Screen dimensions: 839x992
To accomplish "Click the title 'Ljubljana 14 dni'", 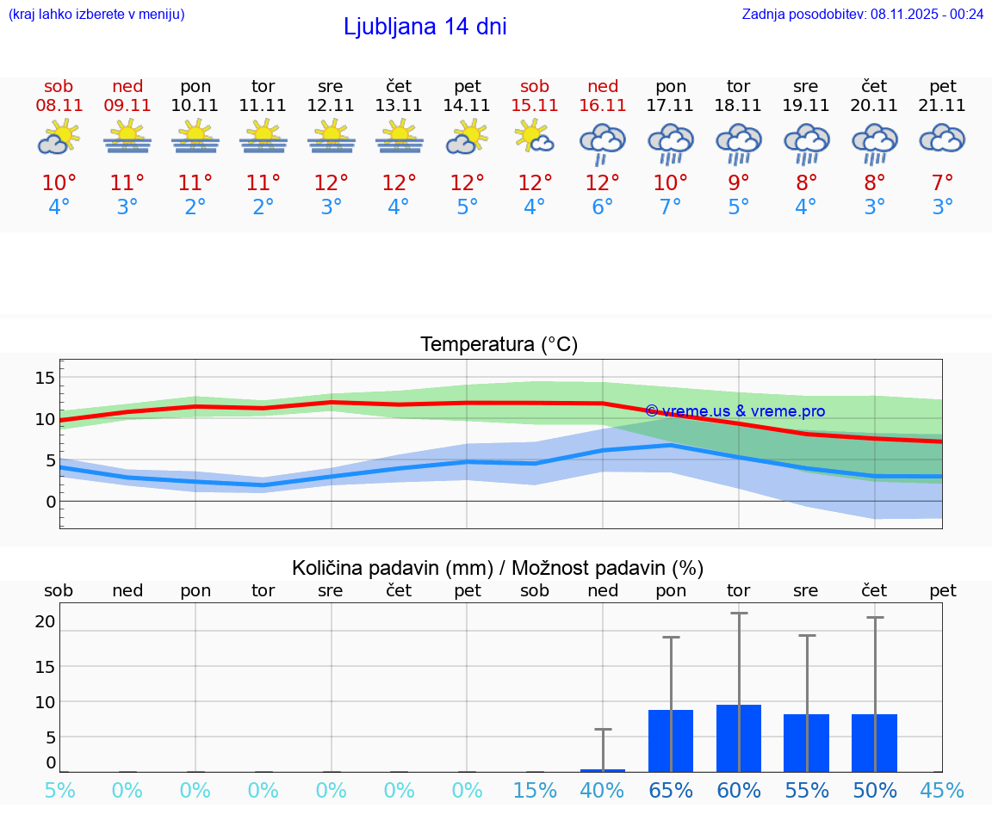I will click(425, 27).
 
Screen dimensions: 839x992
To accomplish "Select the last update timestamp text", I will click(863, 14).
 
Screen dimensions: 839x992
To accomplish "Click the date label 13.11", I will click(399, 105).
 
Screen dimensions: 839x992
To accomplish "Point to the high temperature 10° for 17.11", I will click(671, 183).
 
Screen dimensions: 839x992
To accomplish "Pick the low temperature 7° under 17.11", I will click(671, 207).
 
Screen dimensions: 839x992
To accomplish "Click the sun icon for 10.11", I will click(195, 137).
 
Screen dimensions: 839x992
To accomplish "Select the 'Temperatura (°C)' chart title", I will click(499, 345).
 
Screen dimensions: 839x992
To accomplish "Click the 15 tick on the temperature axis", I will click(45, 378).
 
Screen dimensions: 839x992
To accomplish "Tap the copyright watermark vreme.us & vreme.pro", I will click(735, 411).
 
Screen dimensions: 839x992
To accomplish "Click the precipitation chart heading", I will click(498, 568).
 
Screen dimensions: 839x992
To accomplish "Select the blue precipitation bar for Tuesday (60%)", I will click(739, 738).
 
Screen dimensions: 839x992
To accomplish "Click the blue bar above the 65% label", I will click(671, 741).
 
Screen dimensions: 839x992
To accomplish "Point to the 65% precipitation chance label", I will click(671, 790).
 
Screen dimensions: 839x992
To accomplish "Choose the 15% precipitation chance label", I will click(535, 790).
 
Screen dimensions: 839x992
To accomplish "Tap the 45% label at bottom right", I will click(942, 790).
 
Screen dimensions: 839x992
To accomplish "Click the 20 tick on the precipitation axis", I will click(45, 621).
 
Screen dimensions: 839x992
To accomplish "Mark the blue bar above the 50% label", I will click(875, 743).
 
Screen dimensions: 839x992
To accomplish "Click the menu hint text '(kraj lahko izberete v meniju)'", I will click(96, 14).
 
